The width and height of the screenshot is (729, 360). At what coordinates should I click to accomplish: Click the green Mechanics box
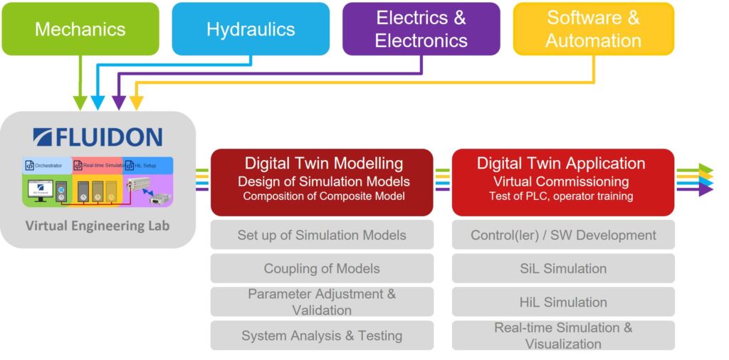[80, 29]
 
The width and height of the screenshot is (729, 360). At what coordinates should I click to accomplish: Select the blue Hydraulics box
[251, 29]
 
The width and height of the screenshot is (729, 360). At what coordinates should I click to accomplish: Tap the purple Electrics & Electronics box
[421, 29]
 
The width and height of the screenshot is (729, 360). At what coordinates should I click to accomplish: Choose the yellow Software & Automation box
[593, 29]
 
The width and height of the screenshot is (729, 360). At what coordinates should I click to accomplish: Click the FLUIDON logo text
[98, 136]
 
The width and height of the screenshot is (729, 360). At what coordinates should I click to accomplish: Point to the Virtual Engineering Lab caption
[98, 226]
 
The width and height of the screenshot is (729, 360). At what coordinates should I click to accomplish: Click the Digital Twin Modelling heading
[323, 164]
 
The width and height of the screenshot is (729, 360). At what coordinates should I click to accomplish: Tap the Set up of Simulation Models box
[322, 235]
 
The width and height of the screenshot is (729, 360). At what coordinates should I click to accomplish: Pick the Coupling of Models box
[322, 268]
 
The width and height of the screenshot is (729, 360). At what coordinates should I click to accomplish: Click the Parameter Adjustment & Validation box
[322, 302]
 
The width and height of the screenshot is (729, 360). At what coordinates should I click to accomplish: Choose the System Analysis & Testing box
[322, 335]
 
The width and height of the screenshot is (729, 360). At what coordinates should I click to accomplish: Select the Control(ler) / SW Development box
[563, 235]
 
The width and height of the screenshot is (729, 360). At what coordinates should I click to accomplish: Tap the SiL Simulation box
[563, 268]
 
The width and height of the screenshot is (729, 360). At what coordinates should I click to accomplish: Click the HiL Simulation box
[563, 302]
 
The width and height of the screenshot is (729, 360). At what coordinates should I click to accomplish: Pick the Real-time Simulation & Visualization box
[563, 335]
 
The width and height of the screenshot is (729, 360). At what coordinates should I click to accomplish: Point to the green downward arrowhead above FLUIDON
[80, 103]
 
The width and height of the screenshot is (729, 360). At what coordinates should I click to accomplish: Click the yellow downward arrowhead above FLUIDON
[136, 103]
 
